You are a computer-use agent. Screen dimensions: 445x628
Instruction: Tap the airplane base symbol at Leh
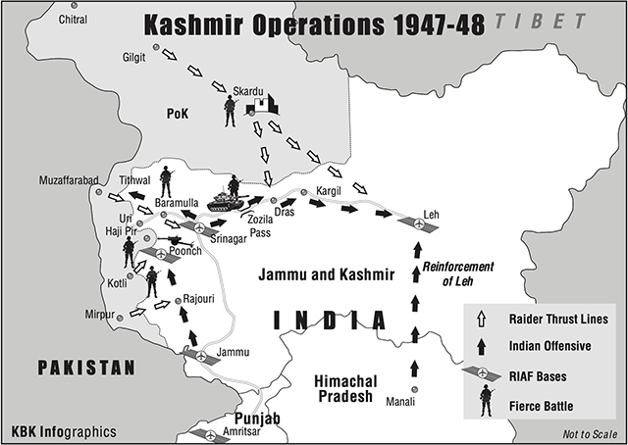pyautogui.click(x=418, y=224)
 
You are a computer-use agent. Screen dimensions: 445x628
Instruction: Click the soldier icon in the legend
pyautogui.click(x=485, y=400)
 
